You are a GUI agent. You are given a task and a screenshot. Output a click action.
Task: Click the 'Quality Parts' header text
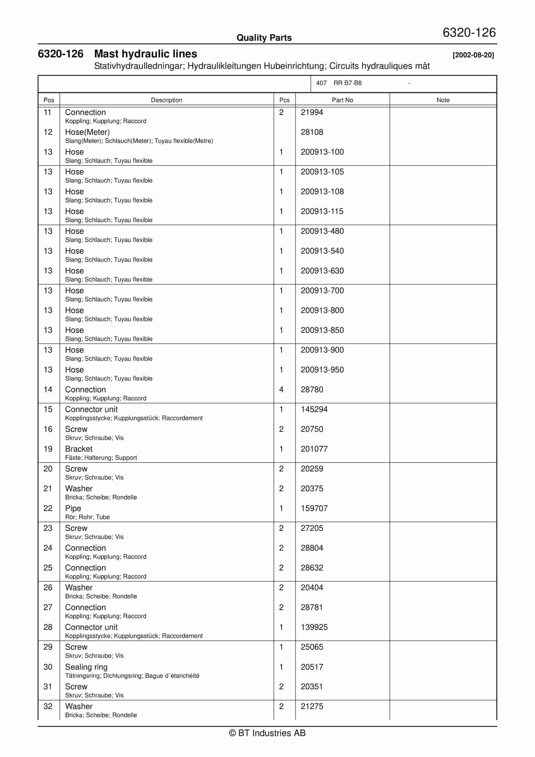pyautogui.click(x=264, y=38)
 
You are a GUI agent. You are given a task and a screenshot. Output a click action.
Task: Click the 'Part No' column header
pyautogui.click(x=342, y=100)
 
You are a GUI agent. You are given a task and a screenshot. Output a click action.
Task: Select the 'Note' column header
pyautogui.click(x=443, y=100)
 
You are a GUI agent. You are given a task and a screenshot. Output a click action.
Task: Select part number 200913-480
pyautogui.click(x=322, y=231)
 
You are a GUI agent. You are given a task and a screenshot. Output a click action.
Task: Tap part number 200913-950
pyautogui.click(x=322, y=369)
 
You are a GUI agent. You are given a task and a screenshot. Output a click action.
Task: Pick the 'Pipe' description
pyautogui.click(x=73, y=508)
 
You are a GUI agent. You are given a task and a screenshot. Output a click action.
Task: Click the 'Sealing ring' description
pyautogui.click(x=86, y=667)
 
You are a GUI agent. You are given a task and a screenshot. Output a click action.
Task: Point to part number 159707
pyautogui.click(x=314, y=508)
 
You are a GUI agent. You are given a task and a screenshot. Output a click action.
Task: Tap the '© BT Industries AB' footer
pyautogui.click(x=267, y=733)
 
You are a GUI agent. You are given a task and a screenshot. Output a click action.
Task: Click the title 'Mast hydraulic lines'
pyautogui.click(x=146, y=54)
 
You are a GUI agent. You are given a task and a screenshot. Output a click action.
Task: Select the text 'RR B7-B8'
pyautogui.click(x=347, y=83)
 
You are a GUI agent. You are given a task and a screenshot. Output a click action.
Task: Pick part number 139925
pyautogui.click(x=314, y=627)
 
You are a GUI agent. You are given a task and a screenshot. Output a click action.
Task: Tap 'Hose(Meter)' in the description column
pyautogui.click(x=87, y=132)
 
